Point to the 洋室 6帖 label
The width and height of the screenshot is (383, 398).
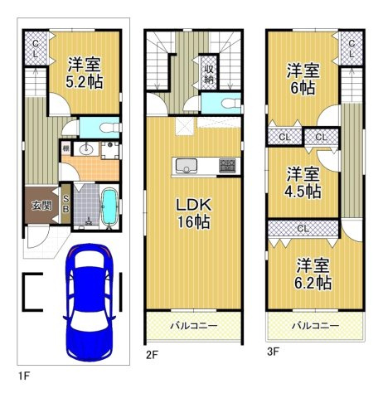pyautogui.click(x=303, y=80)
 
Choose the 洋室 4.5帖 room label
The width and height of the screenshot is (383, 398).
pyautogui.click(x=303, y=182)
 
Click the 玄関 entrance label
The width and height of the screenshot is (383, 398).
pyautogui.click(x=40, y=205)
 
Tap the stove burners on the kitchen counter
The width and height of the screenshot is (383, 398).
pyautogui.click(x=226, y=165)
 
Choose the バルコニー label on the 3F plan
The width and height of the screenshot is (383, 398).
pyautogui.click(x=316, y=326)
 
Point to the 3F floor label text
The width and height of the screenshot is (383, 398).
pyautogui.click(x=273, y=352)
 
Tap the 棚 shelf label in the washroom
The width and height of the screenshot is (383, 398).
pyautogui.click(x=65, y=148)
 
